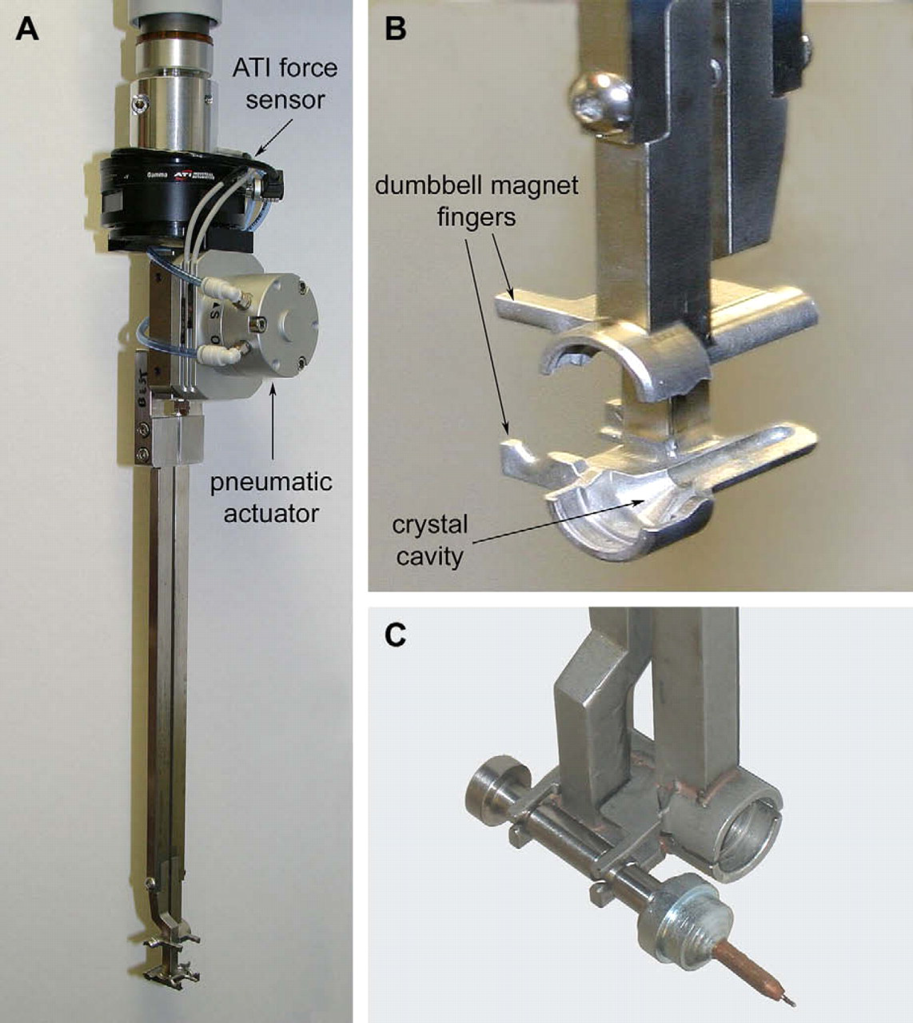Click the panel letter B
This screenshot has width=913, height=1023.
click(x=395, y=30)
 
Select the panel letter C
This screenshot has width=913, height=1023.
click(x=395, y=636)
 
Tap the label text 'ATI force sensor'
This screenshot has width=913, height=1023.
click(x=285, y=84)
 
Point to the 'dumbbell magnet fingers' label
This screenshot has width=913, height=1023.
click(x=476, y=201)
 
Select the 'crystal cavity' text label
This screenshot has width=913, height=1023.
click(x=430, y=542)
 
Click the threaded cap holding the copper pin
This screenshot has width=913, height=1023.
click(x=688, y=919)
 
